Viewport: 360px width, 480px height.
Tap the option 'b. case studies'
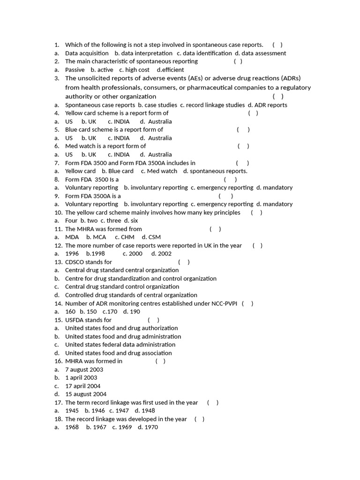pos(157,105)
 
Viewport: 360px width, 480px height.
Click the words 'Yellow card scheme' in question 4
pos(92,113)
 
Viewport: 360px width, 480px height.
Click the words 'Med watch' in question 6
pos(80,146)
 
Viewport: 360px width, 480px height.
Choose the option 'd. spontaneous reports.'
pos(215,171)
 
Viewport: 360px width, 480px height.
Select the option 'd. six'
pos(131,220)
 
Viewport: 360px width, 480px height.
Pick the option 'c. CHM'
pos(124,237)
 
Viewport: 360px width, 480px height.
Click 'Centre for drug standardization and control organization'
pos(141,278)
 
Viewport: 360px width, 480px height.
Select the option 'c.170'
pos(109,311)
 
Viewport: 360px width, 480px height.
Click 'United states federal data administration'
pos(120,345)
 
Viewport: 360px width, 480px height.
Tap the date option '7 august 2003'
pos(84,369)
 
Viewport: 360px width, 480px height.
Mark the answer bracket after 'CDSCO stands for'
pos(184,262)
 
